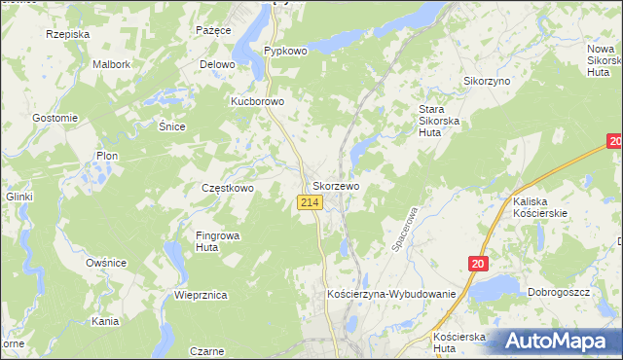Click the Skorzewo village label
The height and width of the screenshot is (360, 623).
pos(337,185)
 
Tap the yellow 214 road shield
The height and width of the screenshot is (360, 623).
pos(310,201)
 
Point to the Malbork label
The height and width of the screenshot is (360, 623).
pos(111,64)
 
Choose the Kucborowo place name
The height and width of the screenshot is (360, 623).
pos(257,101)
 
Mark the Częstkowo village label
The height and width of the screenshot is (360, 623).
pos(228,188)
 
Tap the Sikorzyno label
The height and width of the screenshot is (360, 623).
pos(487,81)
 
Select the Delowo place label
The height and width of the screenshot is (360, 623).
pos(218,64)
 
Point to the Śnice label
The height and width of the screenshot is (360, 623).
pos(171,126)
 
